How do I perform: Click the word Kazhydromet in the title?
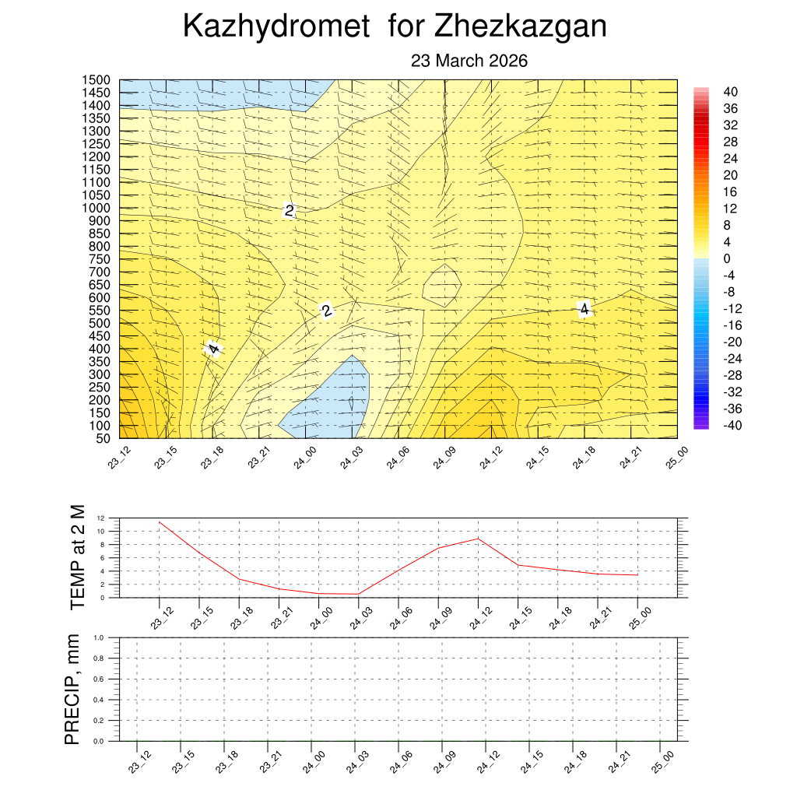point(276,27)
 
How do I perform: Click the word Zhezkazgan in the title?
point(520,27)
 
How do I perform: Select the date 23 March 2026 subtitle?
point(469,61)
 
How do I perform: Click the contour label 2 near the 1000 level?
point(290,211)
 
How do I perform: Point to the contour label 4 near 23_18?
point(213,349)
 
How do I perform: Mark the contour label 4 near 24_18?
point(584,309)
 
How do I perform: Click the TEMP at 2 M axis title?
point(76,556)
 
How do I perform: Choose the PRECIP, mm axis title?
point(72,689)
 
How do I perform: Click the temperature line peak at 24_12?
point(478,539)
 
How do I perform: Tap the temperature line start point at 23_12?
point(160,522)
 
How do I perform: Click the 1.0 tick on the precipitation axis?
point(100,637)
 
